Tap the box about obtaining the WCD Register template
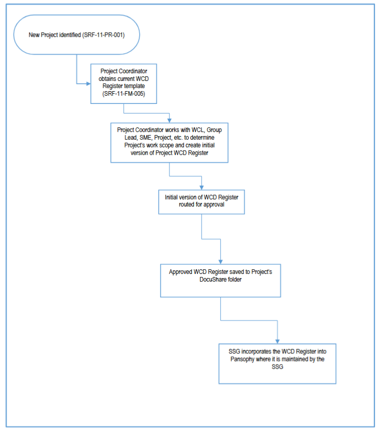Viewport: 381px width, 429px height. (x=124, y=83)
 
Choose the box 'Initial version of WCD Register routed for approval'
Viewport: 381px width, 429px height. (x=201, y=200)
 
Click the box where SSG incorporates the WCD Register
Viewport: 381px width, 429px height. (x=277, y=363)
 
